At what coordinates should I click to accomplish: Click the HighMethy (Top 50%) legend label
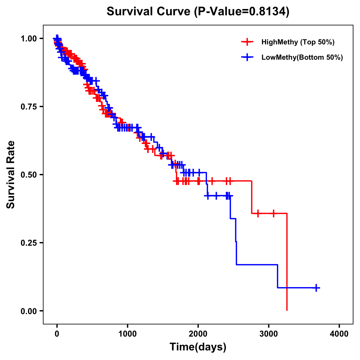point(298,42)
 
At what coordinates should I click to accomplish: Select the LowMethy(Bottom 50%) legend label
point(302,57)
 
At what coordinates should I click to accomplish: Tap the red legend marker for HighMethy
point(247,42)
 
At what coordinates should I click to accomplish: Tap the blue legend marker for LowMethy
point(247,57)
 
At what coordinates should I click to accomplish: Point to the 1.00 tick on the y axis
point(29,39)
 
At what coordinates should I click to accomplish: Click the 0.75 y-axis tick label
point(29,107)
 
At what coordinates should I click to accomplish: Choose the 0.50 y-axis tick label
point(29,175)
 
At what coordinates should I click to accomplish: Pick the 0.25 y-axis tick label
point(29,243)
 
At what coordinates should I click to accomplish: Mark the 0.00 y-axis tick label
point(29,311)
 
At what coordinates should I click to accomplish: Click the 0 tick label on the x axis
point(57,334)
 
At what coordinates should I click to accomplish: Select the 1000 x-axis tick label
point(127,334)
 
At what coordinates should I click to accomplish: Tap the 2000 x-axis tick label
point(198,334)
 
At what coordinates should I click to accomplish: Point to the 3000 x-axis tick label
point(269,334)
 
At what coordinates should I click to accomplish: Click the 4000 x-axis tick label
point(339,334)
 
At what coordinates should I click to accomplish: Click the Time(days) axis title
point(198,347)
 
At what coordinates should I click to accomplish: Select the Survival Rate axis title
point(11,175)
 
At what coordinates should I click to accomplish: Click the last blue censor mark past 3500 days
point(316,288)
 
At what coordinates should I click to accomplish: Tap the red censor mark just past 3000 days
point(273,214)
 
